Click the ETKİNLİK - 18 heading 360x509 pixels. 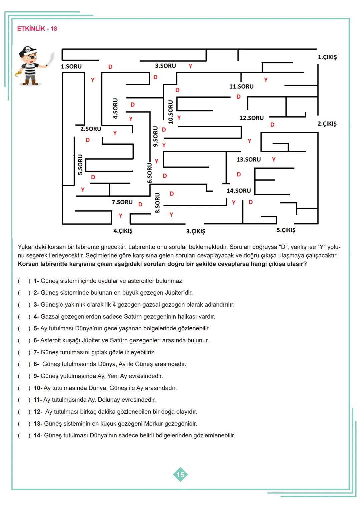click(x=37, y=29)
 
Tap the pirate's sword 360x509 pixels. click(x=51, y=59)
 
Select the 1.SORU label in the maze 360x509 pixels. click(x=71, y=66)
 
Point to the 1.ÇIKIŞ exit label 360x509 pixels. click(x=327, y=57)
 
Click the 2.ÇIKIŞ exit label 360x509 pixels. click(x=327, y=124)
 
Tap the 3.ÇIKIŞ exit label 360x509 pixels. click(x=195, y=231)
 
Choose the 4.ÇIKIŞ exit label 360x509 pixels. click(x=123, y=231)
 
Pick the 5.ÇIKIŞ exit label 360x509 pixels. click(x=286, y=230)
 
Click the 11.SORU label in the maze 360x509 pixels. click(x=241, y=86)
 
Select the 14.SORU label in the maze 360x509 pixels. click(x=239, y=191)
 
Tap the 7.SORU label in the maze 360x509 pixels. click(x=122, y=202)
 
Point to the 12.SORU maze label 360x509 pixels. click(x=251, y=118)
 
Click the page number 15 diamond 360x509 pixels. click(x=180, y=474)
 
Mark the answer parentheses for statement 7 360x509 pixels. click(x=24, y=352)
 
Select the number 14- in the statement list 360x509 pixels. click(x=38, y=435)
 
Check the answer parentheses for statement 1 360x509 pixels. click(x=24, y=281)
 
